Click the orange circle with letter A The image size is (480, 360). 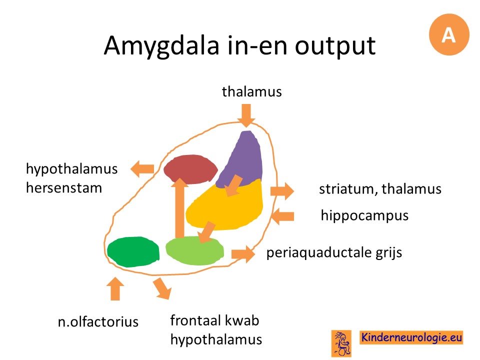coord(449,34)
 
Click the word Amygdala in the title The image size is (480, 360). coord(161,46)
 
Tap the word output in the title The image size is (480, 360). coord(335,46)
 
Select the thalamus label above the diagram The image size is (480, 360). coord(251,91)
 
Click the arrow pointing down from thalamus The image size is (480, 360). coord(246,115)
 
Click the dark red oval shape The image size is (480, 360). coord(190,169)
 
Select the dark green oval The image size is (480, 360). coord(133,251)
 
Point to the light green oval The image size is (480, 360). coord(194,251)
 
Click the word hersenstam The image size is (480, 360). coord(63,187)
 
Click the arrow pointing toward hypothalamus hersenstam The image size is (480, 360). coord(142,168)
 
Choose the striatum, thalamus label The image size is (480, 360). coord(380,189)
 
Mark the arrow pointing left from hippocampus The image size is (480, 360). coord(282,216)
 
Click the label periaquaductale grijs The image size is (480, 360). coord(334,253)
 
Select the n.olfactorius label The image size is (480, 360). coord(98,321)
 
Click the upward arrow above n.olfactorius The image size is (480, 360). coord(115,288)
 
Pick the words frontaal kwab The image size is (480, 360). coord(214,320)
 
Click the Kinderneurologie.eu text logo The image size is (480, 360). coord(411,337)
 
